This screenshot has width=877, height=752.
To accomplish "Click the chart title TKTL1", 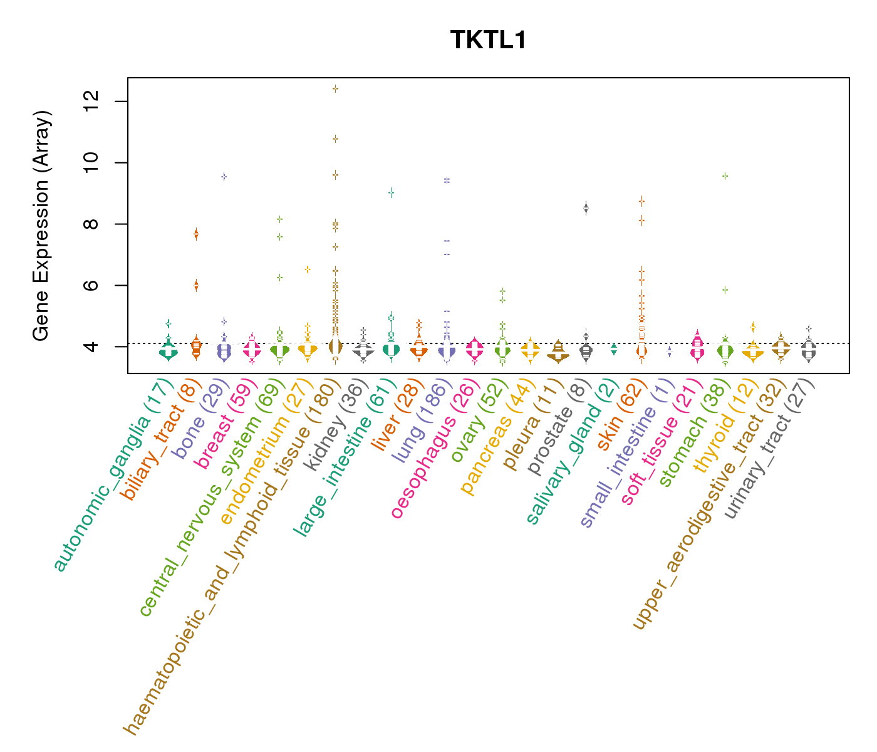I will [x=489, y=41].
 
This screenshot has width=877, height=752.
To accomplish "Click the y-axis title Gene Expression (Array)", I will [x=41, y=226].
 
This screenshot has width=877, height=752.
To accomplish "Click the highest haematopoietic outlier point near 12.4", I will [x=336, y=89].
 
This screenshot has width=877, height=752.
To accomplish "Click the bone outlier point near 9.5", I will [x=224, y=177].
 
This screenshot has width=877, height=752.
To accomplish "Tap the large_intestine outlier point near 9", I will [x=391, y=193].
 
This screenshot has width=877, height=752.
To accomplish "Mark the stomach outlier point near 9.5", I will [x=725, y=176].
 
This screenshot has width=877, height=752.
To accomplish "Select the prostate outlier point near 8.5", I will [x=586, y=209].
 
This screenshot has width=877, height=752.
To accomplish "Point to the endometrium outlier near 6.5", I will [x=308, y=269].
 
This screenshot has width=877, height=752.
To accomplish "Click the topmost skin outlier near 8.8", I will [x=641, y=201].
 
